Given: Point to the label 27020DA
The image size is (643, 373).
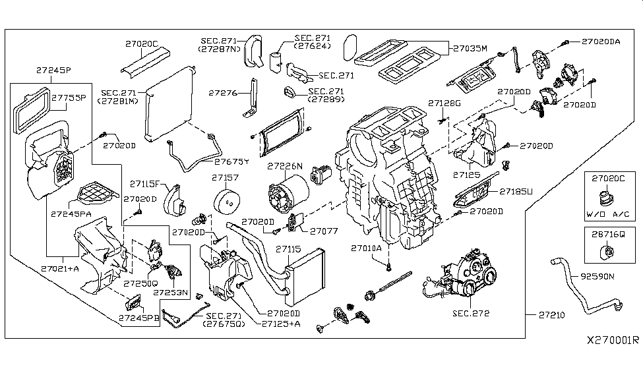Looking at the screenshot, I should [601, 41].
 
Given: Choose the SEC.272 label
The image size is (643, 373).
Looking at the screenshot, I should [471, 313].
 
